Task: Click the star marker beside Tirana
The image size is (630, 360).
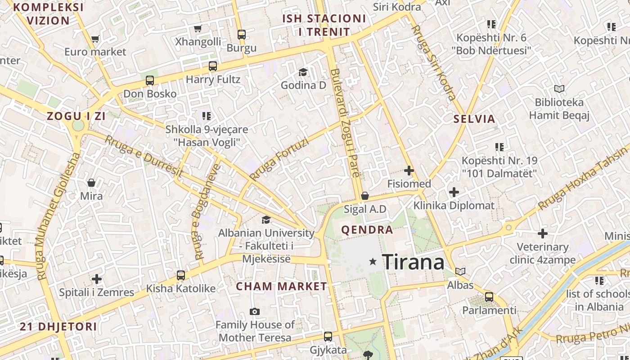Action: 373,261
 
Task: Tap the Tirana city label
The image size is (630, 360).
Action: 413,262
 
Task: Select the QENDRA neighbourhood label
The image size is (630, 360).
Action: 367,230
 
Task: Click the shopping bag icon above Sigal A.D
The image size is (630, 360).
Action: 365,196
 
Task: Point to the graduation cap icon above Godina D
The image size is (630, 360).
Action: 303,72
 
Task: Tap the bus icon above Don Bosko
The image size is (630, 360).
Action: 150,81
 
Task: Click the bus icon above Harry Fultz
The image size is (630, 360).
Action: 213,66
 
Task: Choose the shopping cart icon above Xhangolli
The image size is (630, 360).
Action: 198,29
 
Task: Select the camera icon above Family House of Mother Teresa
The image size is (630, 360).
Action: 255,311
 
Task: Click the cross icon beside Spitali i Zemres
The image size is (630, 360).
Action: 97,279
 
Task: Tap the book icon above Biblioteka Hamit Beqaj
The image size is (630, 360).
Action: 559,89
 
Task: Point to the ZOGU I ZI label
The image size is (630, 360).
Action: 76,116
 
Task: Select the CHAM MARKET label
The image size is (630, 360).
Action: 282,286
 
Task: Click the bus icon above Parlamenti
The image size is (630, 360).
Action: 489,297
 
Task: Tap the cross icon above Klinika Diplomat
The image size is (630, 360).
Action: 454,193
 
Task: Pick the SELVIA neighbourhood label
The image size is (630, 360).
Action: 474,119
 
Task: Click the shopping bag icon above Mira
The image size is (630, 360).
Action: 91,183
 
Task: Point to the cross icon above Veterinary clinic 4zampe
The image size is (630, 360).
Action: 543,234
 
